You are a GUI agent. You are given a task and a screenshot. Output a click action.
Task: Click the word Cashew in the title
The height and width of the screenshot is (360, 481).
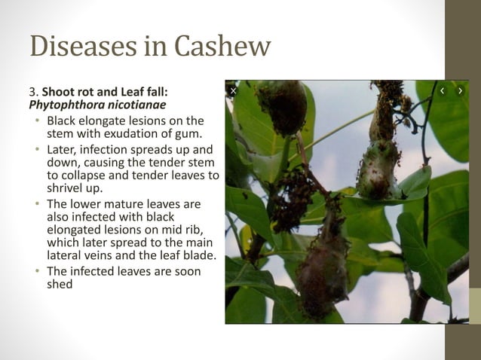point(222,46)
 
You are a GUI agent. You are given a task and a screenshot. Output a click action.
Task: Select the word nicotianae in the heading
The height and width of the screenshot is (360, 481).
point(133,105)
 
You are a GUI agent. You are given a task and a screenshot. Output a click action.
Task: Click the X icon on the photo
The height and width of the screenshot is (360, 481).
point(234,91)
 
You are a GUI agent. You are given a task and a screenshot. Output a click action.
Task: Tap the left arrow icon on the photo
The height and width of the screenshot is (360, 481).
point(442,91)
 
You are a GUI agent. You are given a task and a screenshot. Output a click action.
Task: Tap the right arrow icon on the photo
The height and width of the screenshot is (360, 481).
point(460,91)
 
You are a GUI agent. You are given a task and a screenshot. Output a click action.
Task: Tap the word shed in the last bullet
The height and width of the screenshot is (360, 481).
point(60,284)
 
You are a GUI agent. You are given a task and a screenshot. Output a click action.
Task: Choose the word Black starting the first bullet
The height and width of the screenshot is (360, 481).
point(63,121)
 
